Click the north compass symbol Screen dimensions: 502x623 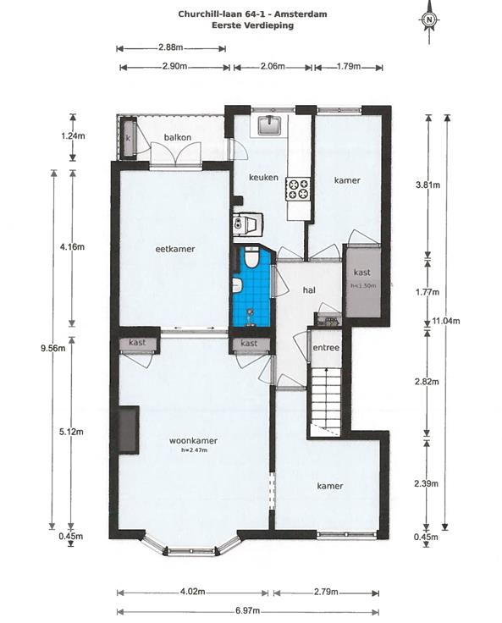pyautogui.click(x=428, y=19)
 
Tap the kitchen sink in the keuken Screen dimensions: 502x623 pyautogui.click(x=270, y=125)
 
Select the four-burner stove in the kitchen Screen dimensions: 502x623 pyautogui.click(x=298, y=188)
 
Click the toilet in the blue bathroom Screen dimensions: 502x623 pyautogui.click(x=251, y=256)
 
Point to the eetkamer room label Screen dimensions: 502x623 pyautogui.click(x=175, y=249)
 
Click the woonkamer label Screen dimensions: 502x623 pyautogui.click(x=193, y=441)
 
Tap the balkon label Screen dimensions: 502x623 pyautogui.click(x=178, y=137)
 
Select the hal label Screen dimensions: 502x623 pyautogui.click(x=309, y=290)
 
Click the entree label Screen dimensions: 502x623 pyautogui.click(x=326, y=348)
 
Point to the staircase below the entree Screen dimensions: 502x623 pyautogui.click(x=326, y=401)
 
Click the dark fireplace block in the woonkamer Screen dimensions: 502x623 pyautogui.click(x=128, y=429)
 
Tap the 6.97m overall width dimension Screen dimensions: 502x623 pyautogui.click(x=248, y=610)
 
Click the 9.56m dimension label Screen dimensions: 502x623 pyautogui.click(x=52, y=349)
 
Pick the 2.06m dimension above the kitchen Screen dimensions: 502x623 pyautogui.click(x=273, y=66)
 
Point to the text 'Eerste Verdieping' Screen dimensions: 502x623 pyautogui.click(x=253, y=25)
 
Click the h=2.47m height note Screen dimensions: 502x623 pyautogui.click(x=194, y=450)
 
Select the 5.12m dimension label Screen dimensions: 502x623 pyautogui.click(x=71, y=432)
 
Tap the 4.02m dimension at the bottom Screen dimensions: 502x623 pyautogui.click(x=193, y=592)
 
